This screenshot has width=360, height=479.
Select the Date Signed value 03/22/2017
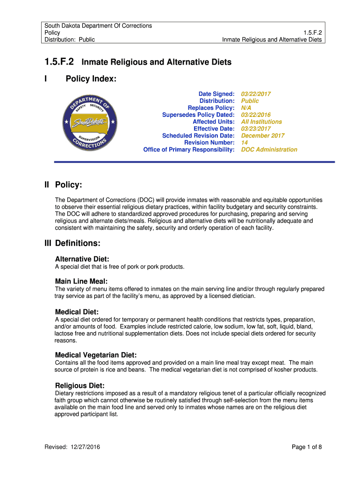pos(256,94)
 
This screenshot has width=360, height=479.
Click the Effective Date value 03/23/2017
pos(256,129)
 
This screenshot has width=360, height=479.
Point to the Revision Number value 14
pos(245,143)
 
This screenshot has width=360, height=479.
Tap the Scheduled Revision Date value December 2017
pos(263,136)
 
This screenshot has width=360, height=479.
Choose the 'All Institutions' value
pos(261,122)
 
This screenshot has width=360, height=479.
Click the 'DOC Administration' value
pos(269,150)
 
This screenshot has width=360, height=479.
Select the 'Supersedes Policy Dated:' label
pos(198,115)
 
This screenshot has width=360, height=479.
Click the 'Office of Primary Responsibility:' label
pos(189,150)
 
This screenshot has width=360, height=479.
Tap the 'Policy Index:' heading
pos(91,79)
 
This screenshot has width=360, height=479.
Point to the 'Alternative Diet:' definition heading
pos(82,259)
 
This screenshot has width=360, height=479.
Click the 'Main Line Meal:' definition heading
pos(81,281)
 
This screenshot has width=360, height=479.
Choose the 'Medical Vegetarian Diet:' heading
pos(96,355)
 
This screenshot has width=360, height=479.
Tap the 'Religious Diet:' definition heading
pos(80,385)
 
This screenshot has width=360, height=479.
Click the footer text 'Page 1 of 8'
pos(307,447)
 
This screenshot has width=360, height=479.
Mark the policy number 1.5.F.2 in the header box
pos(313,33)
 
